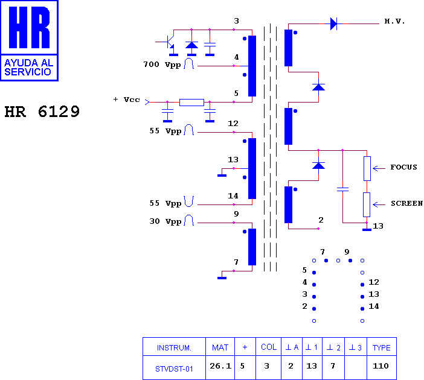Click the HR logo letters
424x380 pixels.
coord(29,27)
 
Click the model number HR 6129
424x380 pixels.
coord(42,112)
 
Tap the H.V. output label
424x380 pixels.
coord(394,21)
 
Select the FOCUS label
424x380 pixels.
coord(403,167)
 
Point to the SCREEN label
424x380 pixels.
coord(406,203)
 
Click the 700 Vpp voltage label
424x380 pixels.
coord(162,65)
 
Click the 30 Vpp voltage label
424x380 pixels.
coord(165,221)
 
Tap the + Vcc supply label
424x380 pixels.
coord(127,100)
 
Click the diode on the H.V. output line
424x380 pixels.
coord(333,24)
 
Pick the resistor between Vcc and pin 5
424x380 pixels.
coord(191,103)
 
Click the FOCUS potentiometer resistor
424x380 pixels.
coord(367,168)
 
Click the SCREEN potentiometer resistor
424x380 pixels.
coord(367,204)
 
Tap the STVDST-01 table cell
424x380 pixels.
coord(174,369)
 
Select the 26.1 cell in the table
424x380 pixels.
coord(220,366)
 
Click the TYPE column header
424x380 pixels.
coord(381,347)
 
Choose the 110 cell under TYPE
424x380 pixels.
coord(381,366)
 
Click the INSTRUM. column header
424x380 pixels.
coord(174,348)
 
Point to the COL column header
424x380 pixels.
coord(269,347)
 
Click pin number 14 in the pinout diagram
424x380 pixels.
coord(374,306)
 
